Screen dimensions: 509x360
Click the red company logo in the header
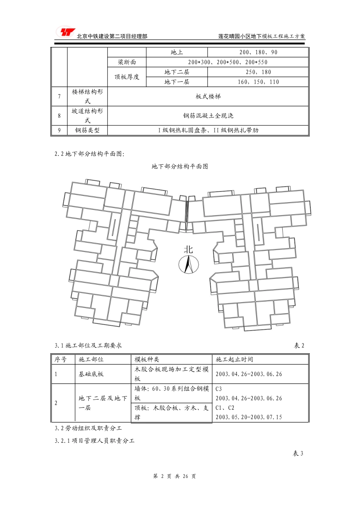pyautogui.click(x=65, y=32)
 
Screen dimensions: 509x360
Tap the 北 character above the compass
pyautogui.click(x=188, y=249)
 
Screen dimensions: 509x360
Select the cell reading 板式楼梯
pyautogui.click(x=208, y=97)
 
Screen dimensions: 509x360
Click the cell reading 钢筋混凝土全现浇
pyautogui.click(x=208, y=116)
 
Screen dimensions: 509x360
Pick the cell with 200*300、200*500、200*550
pyautogui.click(x=227, y=62)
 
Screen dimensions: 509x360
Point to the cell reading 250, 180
pyautogui.click(x=258, y=72)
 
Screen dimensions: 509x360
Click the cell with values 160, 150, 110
pyautogui.click(x=258, y=82)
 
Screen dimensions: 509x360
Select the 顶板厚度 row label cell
pyautogui.click(x=127, y=77)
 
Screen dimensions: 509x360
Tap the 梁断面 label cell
pyautogui.click(x=127, y=62)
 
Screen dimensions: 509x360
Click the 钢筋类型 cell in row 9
pyautogui.click(x=87, y=130)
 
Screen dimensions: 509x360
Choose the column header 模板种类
pyautogui.click(x=147, y=359)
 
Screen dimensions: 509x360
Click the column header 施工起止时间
pyautogui.click(x=234, y=359)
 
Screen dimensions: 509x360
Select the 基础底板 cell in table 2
pyautogui.click(x=91, y=374)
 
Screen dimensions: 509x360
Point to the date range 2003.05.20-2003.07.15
pyautogui.click(x=249, y=417)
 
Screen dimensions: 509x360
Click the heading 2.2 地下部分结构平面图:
pyautogui.click(x=89, y=154)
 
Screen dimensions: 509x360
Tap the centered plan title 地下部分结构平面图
pyautogui.click(x=180, y=166)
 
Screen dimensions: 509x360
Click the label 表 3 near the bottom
pyautogui.click(x=298, y=453)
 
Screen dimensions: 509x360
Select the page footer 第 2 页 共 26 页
pyautogui.click(x=174, y=476)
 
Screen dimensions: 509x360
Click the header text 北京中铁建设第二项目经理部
pyautogui.click(x=112, y=36)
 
